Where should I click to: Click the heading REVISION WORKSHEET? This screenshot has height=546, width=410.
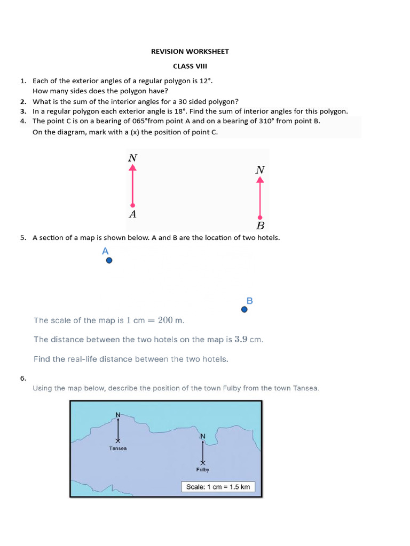tap(190, 51)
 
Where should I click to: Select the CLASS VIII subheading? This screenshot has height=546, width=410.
tap(190, 66)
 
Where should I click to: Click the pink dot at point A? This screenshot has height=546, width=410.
tap(133, 205)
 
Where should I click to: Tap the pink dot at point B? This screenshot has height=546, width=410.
tap(260, 217)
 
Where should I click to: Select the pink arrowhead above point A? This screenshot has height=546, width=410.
tap(133, 167)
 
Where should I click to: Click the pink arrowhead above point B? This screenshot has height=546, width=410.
tap(260, 180)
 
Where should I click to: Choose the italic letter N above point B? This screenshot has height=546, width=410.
tap(260, 170)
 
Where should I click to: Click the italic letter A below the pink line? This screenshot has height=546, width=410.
tap(133, 214)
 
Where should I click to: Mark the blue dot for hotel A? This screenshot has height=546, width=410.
tap(109, 261)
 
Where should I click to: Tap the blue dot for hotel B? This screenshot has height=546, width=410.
tap(245, 309)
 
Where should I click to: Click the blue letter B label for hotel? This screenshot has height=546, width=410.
tap(249, 301)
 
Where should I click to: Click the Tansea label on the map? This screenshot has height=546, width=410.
tap(118, 448)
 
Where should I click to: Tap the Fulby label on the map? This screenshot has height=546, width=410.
tap(202, 470)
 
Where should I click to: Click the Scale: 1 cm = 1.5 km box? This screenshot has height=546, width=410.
tap(218, 487)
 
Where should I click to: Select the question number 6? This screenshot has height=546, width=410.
tap(23, 378)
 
